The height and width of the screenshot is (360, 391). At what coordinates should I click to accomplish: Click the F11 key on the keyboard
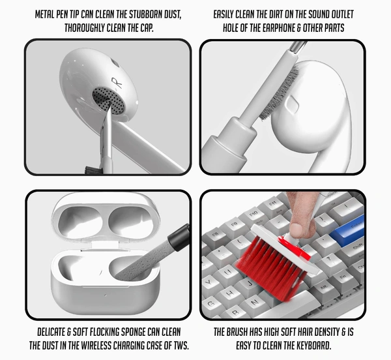tap(273, 205)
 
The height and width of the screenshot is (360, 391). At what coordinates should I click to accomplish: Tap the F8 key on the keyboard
tap(215, 235)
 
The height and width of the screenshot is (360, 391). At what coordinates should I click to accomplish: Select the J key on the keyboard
tap(250, 284)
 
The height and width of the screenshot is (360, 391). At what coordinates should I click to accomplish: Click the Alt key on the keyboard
tap(323, 289)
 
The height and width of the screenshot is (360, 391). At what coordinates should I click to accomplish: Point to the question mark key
tap(328, 259)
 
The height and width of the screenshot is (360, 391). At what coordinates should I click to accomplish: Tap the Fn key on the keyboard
tap(343, 277)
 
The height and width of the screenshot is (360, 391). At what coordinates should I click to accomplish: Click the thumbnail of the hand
tap(297, 228)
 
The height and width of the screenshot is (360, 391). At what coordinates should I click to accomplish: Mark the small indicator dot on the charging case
tap(105, 295)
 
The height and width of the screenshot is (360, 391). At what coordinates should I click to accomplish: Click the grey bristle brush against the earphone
tap(280, 93)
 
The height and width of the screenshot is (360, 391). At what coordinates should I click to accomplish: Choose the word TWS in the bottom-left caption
tap(180, 346)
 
